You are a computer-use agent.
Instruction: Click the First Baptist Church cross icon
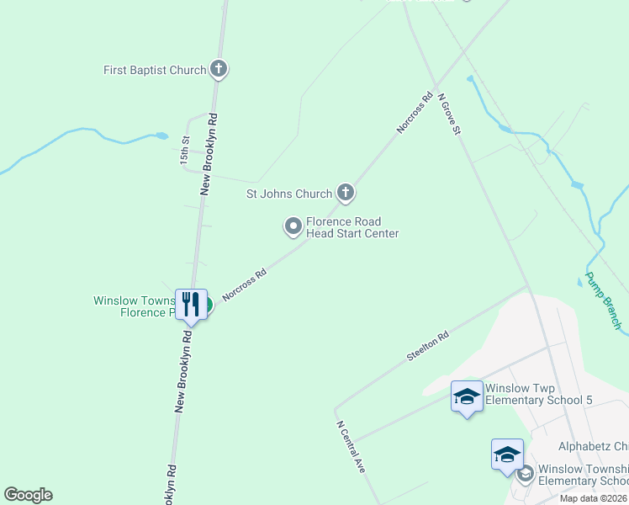pos(219,69)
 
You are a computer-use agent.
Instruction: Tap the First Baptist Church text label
pos(155,70)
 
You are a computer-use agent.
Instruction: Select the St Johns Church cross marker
pos(345,194)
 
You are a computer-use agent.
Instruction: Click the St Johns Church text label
pos(288,194)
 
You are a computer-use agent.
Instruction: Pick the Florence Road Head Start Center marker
pos(293,226)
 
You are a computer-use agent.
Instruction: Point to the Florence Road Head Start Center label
pos(351,227)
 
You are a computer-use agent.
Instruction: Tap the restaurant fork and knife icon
pos(190,303)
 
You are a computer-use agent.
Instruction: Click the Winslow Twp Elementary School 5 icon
pos(466,396)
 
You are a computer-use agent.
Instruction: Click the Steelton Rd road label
pos(428,346)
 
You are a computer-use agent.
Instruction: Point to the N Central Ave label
pos(351,446)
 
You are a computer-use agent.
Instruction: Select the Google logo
pos(28,495)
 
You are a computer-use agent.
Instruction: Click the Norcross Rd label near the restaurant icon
pos(244,285)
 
